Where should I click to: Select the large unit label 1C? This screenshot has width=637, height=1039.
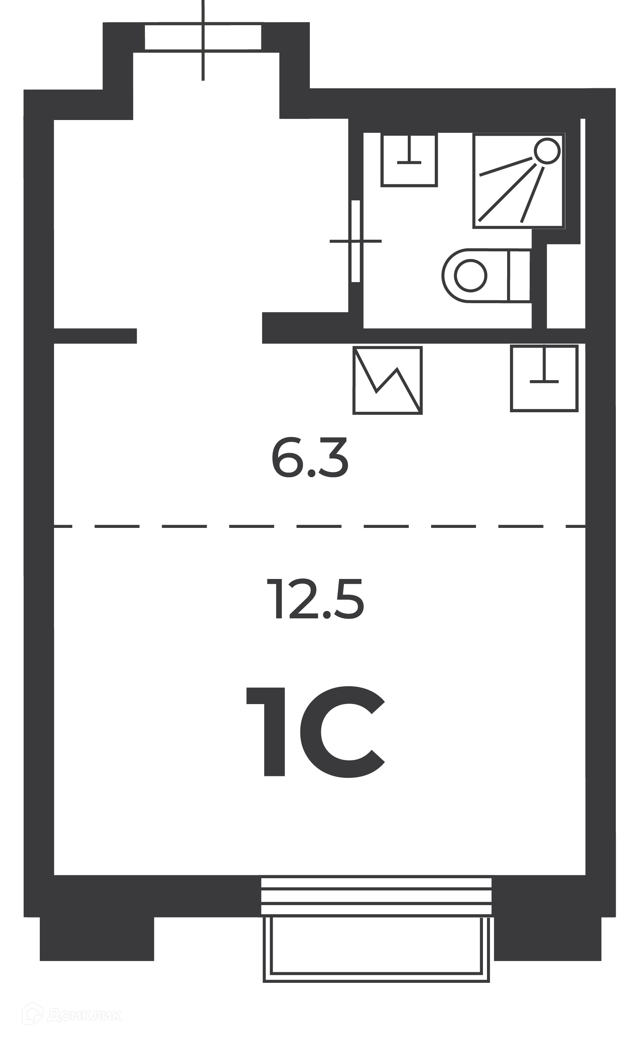(315, 731)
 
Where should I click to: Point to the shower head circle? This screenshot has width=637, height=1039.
(547, 151)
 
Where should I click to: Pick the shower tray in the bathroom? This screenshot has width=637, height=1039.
(519, 181)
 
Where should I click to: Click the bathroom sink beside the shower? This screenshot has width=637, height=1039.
(409, 160)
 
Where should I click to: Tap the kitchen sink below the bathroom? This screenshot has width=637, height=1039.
(544, 378)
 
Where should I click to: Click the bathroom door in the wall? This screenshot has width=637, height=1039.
(356, 241)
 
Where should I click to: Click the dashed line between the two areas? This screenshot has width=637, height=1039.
(320, 526)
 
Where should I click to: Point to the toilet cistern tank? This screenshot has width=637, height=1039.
(519, 275)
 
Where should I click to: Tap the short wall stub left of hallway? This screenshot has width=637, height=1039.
(95, 336)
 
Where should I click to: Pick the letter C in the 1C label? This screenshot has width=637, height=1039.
(342, 731)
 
